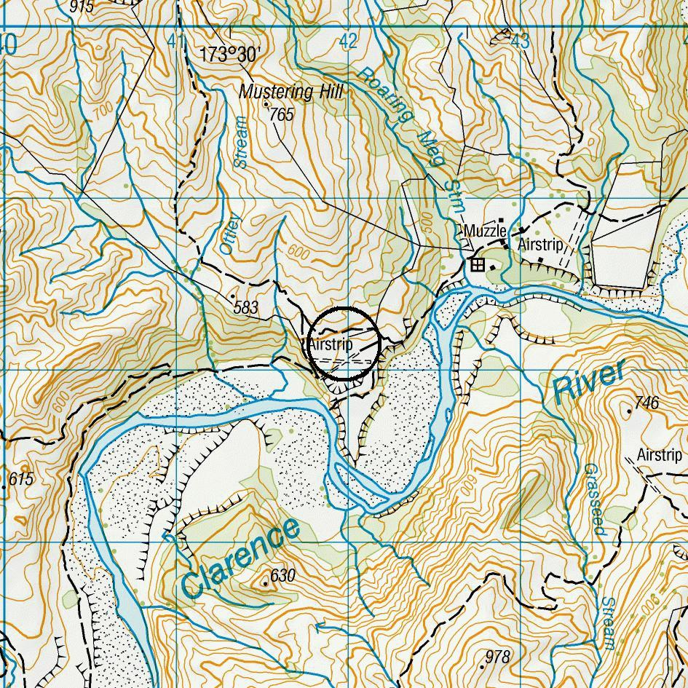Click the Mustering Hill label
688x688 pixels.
pyautogui.click(x=290, y=92)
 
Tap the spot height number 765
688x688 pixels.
pyautogui.click(x=281, y=115)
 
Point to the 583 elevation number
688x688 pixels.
pyautogui.click(x=246, y=308)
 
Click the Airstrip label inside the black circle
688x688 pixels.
pyautogui.click(x=331, y=344)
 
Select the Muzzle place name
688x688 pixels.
pyautogui.click(x=485, y=231)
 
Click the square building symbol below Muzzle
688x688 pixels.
pyautogui.click(x=478, y=264)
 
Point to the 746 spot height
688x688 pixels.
pyautogui.click(x=647, y=403)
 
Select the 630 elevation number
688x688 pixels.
pyautogui.click(x=282, y=576)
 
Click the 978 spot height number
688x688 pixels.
pyautogui.click(x=497, y=657)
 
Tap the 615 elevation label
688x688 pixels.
pyautogui.click(x=21, y=480)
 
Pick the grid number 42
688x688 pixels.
pyautogui.click(x=348, y=41)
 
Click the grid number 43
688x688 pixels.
pyautogui.click(x=519, y=41)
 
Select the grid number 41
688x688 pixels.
pyautogui.click(x=175, y=41)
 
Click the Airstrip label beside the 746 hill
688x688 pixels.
pyautogui.click(x=660, y=455)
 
